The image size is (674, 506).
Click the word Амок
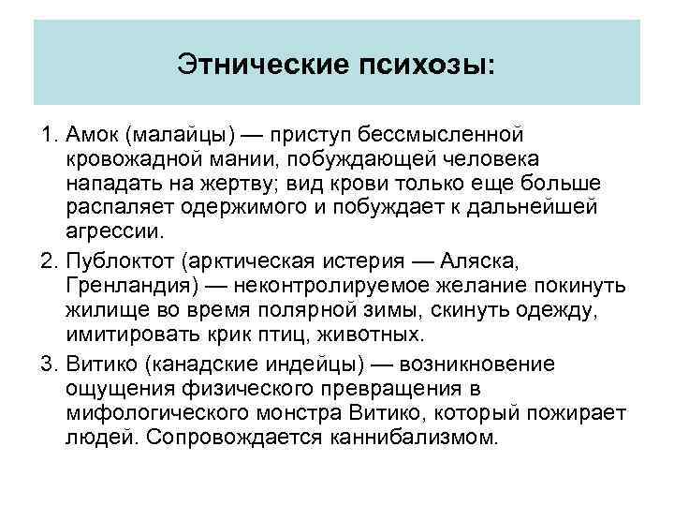[92, 140]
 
